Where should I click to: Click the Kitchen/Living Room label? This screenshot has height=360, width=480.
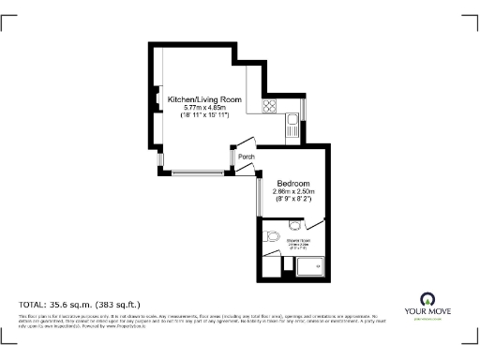click(204, 99)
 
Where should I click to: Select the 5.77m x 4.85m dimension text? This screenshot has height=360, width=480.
click(204, 108)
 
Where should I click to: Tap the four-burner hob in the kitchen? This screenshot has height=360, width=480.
click(271, 106)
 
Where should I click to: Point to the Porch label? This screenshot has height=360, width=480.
click(247, 157)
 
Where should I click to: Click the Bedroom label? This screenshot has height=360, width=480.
click(294, 184)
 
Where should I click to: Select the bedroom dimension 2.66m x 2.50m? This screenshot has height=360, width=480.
click(294, 192)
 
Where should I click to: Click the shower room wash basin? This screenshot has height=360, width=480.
click(292, 225)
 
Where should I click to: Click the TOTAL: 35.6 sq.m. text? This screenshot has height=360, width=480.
click(80, 305)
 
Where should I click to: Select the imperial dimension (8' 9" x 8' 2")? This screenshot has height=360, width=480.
click(294, 200)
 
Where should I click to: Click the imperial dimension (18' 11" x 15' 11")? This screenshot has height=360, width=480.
click(204, 116)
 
